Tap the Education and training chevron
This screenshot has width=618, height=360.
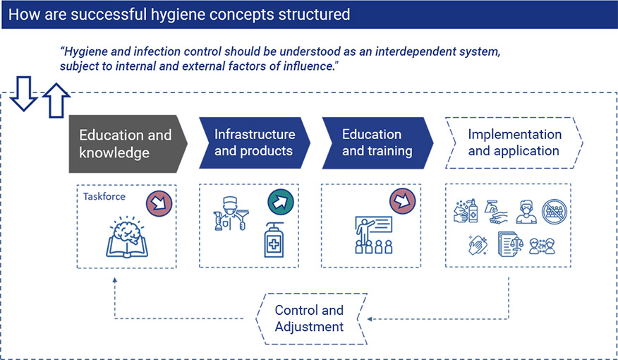click(x=377, y=143)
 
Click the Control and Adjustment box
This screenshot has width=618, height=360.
click(x=311, y=318)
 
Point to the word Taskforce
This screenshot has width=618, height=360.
click(x=104, y=196)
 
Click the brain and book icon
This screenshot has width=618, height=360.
click(x=127, y=237)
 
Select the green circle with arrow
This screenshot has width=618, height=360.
click(x=281, y=203)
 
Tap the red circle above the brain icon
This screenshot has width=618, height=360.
click(x=159, y=203)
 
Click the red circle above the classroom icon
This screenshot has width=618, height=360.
click(x=402, y=201)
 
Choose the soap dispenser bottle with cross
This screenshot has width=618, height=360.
click(x=274, y=240)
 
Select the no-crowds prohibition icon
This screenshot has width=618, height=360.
click(x=555, y=211)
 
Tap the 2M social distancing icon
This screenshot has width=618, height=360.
click(x=542, y=247)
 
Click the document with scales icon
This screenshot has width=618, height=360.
click(x=510, y=244)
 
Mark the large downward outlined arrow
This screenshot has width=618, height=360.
click(x=24, y=94)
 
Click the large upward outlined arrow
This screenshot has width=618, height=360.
click(x=56, y=100)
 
